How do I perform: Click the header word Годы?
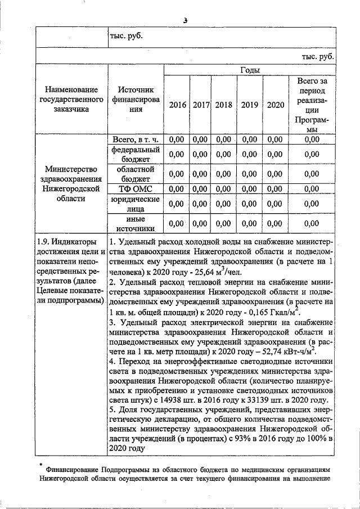pos(249,70)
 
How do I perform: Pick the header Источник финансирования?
pos(135,100)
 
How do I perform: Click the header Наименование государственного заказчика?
pos(71,100)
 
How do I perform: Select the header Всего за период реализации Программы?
pos(312,105)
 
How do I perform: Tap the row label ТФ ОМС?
pos(135,188)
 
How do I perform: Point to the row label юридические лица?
pos(135,204)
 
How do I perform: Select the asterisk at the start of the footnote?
pos(41,465)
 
